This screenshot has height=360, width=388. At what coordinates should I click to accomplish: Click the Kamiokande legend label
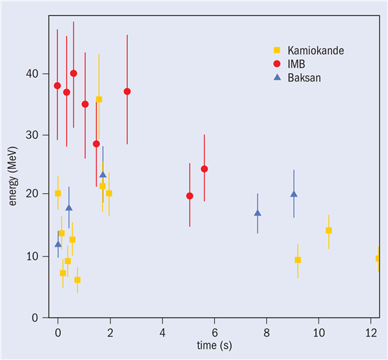pyautogui.click(x=316, y=51)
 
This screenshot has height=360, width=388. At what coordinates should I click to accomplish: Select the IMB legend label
pyautogui.click(x=296, y=64)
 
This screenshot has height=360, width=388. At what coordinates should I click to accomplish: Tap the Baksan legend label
pyautogui.click(x=304, y=78)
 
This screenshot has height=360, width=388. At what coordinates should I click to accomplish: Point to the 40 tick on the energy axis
pyautogui.click(x=32, y=74)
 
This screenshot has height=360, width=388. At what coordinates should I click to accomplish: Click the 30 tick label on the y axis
pyautogui.click(x=32, y=135)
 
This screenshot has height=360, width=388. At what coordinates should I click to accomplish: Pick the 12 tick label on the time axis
pyautogui.click(x=371, y=333)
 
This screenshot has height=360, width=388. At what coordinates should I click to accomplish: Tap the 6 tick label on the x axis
pyautogui.click(x=215, y=333)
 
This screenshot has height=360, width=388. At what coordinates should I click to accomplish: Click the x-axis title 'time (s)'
pyautogui.click(x=214, y=345)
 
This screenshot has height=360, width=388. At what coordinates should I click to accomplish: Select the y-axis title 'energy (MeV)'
pyautogui.click(x=13, y=176)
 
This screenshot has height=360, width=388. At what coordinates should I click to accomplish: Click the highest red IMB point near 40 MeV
pyautogui.click(x=74, y=74)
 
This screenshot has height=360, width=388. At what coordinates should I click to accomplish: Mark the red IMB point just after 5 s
pyautogui.click(x=190, y=196)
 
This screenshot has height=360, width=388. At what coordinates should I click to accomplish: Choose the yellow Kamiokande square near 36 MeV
pyautogui.click(x=99, y=99)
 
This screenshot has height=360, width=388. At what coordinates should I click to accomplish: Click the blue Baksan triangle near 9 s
pyautogui.click(x=293, y=194)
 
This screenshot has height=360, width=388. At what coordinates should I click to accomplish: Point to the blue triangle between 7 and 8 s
pyautogui.click(x=257, y=213)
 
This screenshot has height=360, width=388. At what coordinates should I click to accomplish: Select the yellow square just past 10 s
pyautogui.click(x=329, y=231)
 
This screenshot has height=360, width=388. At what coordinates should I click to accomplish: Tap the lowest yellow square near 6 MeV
pyautogui.click(x=77, y=280)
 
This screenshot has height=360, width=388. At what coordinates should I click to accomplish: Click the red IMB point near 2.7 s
pyautogui.click(x=127, y=92)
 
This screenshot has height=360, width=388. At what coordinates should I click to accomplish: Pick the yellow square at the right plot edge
pyautogui.click(x=378, y=259)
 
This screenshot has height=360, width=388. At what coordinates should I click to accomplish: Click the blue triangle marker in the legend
pyautogui.click(x=277, y=77)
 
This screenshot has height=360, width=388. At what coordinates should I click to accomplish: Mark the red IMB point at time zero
pyautogui.click(x=58, y=85)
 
